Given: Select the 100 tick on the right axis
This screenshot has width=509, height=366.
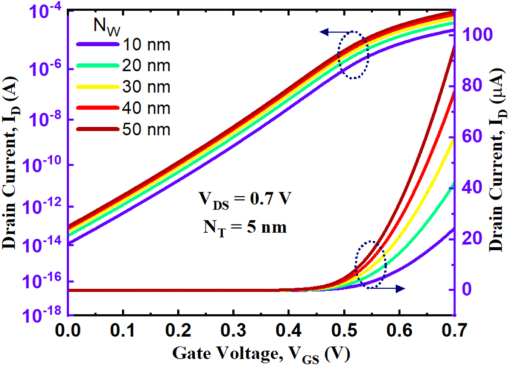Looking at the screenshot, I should pos(474,35).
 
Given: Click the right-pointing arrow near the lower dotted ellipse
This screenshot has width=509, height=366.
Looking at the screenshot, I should pos(392,289).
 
